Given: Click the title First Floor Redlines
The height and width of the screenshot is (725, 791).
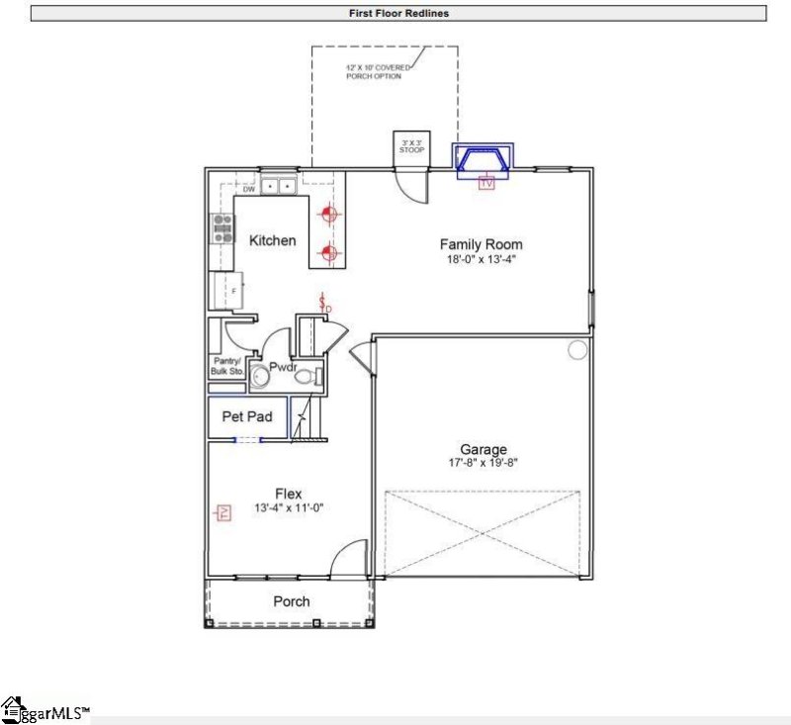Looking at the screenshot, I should [x=399, y=14].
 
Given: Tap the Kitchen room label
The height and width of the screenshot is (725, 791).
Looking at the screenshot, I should [x=272, y=240].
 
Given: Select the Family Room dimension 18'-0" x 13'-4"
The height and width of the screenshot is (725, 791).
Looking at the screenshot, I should [x=481, y=260].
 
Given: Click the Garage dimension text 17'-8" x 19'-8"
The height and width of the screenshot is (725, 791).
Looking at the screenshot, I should [x=483, y=463].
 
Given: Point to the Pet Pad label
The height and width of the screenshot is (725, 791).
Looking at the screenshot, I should [x=246, y=417].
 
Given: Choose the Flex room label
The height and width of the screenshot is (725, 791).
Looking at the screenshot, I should [x=288, y=494].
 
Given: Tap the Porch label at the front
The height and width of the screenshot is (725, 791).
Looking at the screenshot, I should [x=291, y=601].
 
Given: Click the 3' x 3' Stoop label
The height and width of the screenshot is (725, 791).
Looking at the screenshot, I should [x=411, y=146].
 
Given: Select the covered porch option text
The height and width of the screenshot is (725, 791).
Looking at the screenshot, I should [x=374, y=72].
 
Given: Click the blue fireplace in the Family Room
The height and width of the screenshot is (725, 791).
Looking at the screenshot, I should [x=483, y=158].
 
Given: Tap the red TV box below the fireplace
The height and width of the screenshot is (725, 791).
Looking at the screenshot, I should [x=485, y=183].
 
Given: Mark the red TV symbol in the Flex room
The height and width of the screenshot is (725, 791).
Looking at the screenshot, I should [x=224, y=512].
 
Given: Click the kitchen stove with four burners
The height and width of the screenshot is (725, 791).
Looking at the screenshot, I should [x=220, y=229].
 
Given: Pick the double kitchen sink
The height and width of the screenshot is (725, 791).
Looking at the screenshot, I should [x=277, y=185].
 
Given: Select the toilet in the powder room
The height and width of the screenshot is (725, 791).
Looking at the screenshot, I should [x=307, y=376].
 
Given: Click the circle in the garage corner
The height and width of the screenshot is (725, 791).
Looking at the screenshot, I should [x=576, y=349].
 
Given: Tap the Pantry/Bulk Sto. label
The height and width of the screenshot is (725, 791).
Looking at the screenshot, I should [x=225, y=366].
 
